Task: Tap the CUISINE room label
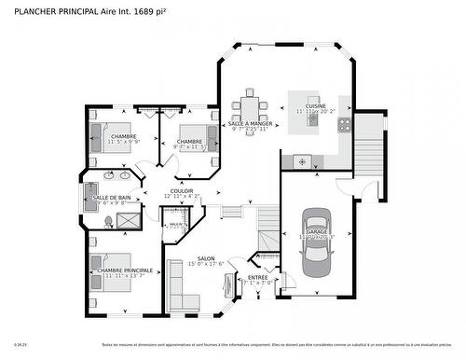316,106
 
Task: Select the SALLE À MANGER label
251,123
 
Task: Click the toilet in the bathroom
109,220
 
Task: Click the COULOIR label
181,189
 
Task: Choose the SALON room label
206,259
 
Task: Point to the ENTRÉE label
256,277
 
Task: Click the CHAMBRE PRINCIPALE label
123,270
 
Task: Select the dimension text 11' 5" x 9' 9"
123,143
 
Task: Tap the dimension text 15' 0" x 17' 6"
206,266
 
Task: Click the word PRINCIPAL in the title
75,10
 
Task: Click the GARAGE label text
314,231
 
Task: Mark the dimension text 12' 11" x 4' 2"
181,196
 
